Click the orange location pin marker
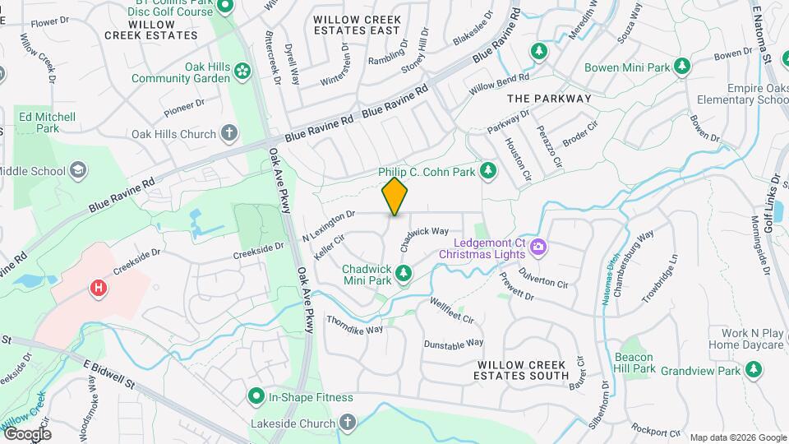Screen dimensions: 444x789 tap(394, 197)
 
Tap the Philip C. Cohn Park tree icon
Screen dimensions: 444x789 tap(489, 171)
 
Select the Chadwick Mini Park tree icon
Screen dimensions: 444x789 tap(403, 273)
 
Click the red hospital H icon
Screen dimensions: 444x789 tap(99, 288)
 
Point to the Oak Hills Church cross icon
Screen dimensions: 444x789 tap(229, 133)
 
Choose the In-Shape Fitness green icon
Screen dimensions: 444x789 tap(256, 397)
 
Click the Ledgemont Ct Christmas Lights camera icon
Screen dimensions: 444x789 tap(538, 246)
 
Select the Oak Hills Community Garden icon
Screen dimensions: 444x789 tap(242, 72)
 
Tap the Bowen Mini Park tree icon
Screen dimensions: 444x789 tap(681, 66)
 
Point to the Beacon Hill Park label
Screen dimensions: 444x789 tap(634, 363)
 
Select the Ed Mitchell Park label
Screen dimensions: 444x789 tap(48, 123)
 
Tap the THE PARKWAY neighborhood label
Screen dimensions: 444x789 tap(549, 99)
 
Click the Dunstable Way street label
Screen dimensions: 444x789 tap(453, 344)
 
